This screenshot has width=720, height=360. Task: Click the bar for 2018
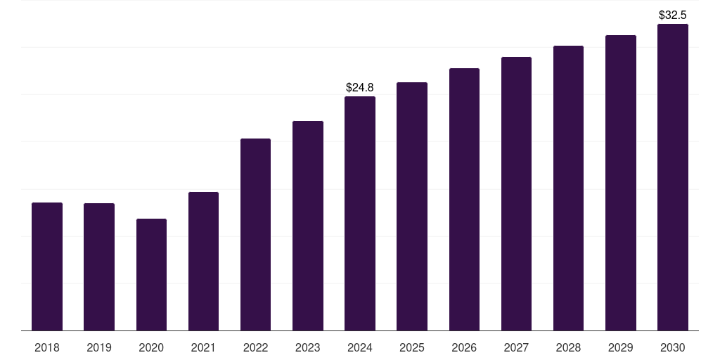[47, 266]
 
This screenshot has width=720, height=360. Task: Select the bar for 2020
[151, 275]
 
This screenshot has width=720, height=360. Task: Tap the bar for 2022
[255, 235]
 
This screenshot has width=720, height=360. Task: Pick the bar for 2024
[360, 214]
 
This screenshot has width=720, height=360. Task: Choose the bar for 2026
[464, 199]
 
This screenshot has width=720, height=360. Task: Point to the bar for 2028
[568, 188]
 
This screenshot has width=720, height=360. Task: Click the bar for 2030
[673, 177]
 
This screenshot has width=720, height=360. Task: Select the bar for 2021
[203, 262]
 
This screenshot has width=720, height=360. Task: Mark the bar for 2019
[99, 266]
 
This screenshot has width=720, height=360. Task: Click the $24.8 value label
[360, 87]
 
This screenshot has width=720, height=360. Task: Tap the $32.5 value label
[673, 15]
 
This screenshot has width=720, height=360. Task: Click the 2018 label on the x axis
[47, 347]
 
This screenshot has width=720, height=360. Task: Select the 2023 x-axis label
[308, 347]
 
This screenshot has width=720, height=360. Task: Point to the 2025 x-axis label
[412, 347]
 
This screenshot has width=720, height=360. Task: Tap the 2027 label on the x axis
[516, 347]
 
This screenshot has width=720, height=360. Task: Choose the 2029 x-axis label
[621, 347]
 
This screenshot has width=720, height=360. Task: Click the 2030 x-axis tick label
[673, 347]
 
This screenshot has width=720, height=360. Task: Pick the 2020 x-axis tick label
[151, 347]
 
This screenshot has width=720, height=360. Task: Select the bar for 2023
[308, 226]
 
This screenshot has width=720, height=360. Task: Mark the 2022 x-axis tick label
[255, 347]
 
